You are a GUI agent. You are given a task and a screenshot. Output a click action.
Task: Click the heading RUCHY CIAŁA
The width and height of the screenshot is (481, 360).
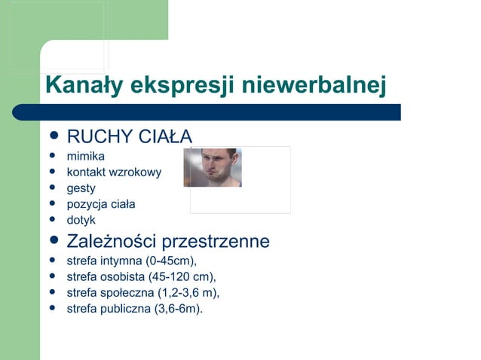130,136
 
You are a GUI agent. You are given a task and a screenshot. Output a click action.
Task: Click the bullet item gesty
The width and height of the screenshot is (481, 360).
81,188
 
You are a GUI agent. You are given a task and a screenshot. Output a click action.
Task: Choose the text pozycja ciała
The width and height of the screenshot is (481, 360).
102,204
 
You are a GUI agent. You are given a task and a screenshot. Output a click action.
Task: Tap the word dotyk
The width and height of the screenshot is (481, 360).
81,220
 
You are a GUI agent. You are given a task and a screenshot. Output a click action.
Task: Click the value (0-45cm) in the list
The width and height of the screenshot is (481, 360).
171,261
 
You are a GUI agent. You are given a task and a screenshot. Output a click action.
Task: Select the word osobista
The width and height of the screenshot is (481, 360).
123,276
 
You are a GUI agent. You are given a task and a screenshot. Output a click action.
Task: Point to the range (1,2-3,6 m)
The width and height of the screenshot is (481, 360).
185,292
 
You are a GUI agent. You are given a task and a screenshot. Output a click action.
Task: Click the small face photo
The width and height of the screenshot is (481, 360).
213,167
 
